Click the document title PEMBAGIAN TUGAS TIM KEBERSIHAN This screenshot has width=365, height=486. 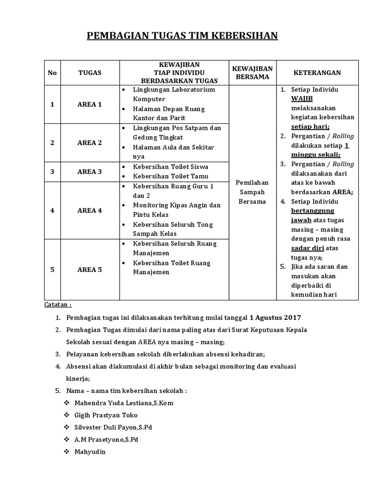click(182, 36)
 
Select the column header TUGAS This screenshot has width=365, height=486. click(89, 73)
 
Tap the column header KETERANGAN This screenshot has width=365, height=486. click(317, 73)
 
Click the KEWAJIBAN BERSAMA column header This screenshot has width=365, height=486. click(252, 73)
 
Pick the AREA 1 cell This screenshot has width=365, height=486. click(89, 104)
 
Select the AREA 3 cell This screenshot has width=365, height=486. click(89, 171)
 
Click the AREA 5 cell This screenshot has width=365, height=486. click(89, 270)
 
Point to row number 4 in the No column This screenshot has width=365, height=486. click(52, 210)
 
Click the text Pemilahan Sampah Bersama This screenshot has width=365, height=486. click(252, 192)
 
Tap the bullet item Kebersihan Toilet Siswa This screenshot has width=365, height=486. click(171, 167)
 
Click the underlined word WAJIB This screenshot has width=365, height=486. click(302, 99)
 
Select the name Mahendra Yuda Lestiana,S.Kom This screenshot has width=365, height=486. click(124, 403)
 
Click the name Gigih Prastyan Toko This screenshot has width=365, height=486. click(106, 415)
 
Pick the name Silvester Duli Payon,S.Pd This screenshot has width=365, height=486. click(113, 427)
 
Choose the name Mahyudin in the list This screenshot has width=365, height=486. click(90, 451)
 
